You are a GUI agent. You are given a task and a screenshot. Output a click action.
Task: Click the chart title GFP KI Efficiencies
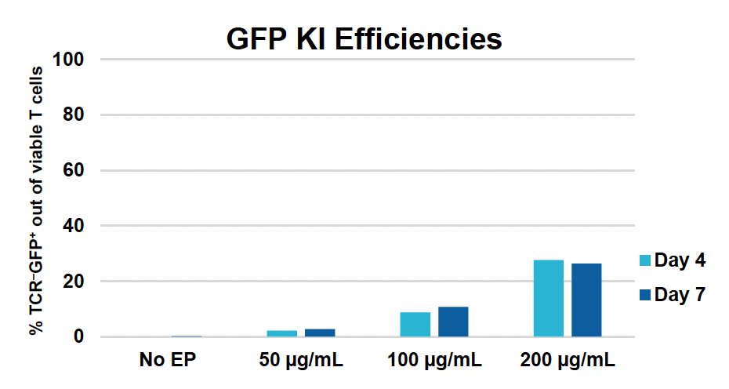pos(364,38)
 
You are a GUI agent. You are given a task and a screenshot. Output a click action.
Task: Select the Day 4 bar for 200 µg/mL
pos(548,299)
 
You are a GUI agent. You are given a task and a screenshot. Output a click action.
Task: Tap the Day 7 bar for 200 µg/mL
pos(586,300)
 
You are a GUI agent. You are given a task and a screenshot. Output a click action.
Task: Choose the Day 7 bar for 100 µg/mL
pos(453,322)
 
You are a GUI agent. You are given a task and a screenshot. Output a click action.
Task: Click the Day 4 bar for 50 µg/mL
pos(282,333)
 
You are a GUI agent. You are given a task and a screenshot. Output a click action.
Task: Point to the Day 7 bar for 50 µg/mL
pos(320,333)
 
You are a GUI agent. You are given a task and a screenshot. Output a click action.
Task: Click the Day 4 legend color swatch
pos(645,261)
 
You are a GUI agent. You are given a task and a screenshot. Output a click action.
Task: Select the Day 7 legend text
pos(680,295)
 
